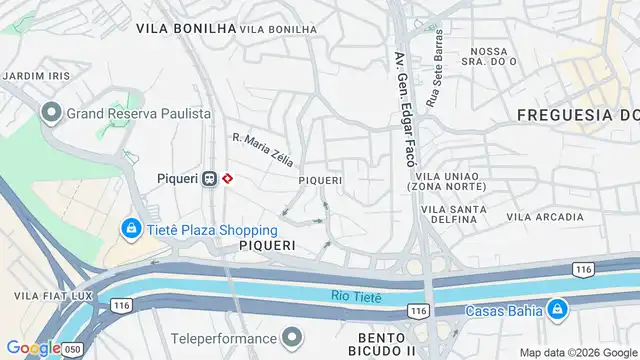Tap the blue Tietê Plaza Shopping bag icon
pos(131,229)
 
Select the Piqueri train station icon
pos(209,179)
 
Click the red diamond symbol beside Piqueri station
pos(228,179)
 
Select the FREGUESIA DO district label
pos(578,116)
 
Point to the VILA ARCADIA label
pos(545,217)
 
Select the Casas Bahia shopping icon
pos(557,309)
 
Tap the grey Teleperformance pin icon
pos(292,337)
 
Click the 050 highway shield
pos(71,350)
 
